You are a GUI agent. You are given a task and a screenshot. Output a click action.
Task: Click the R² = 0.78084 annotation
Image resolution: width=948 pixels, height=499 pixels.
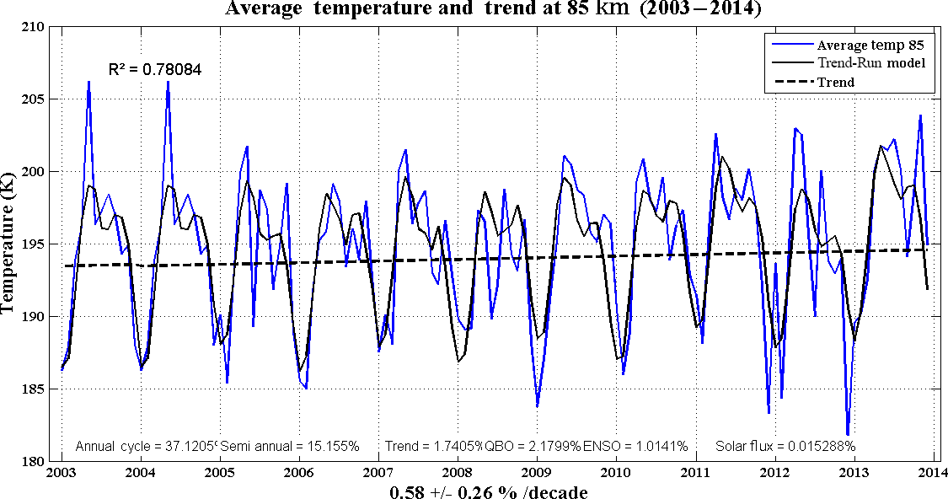pos(155,68)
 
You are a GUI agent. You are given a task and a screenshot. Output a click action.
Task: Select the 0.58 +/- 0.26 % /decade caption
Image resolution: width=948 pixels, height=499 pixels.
pos(488,491)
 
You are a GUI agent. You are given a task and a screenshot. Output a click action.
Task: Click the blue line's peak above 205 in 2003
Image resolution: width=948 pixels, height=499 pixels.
pos(88,82)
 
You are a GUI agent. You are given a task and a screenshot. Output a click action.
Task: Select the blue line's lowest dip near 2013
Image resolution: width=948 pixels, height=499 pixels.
pos(848,434)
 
